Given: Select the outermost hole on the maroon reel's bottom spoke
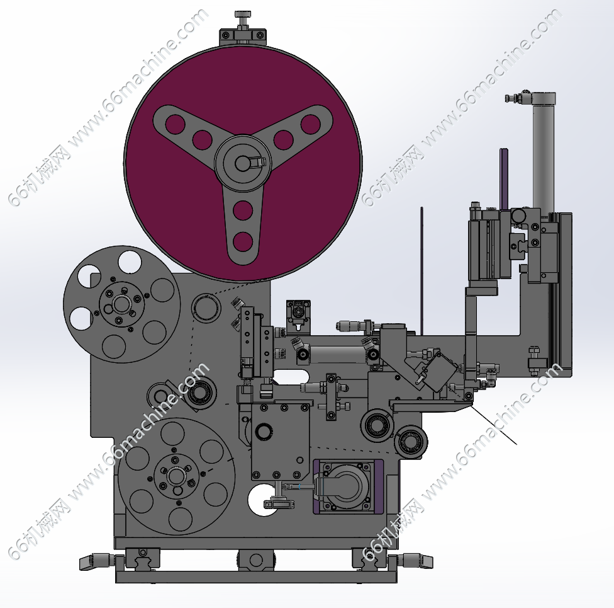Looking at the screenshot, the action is (x=242, y=242).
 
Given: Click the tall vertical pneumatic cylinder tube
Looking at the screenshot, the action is (x=544, y=157).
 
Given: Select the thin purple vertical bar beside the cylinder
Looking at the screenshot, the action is (x=503, y=178).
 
